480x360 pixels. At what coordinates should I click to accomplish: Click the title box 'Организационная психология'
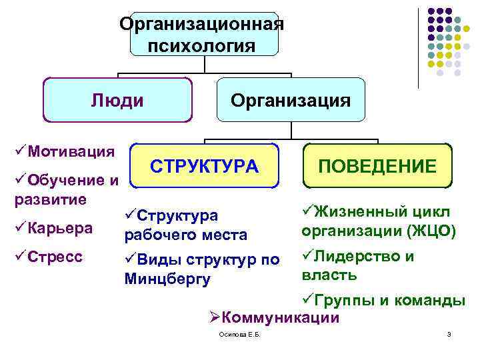[x=203, y=35]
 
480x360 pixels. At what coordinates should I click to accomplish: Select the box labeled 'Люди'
[x=117, y=101]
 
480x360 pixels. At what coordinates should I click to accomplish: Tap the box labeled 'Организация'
[x=290, y=101]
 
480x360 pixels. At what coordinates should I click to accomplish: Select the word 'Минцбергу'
[x=167, y=279]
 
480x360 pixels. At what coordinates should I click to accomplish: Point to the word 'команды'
[x=433, y=301]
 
